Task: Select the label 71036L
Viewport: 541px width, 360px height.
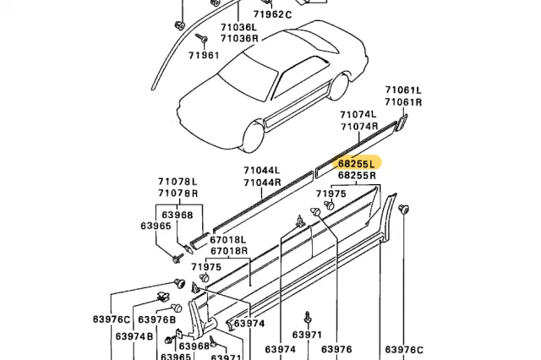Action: tap(240, 27)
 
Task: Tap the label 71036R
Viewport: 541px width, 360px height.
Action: tap(240, 38)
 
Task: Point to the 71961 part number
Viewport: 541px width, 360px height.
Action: tap(204, 56)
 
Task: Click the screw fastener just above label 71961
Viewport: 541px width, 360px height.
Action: tap(204, 40)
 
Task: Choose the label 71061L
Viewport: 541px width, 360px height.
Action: tap(403, 90)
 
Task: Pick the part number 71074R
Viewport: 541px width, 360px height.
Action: tap(358, 126)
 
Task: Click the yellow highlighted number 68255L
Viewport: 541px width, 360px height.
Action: tap(357, 164)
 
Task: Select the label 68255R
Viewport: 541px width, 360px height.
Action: tap(357, 176)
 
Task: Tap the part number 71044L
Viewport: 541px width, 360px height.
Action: tap(262, 171)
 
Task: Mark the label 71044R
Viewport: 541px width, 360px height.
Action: tap(262, 183)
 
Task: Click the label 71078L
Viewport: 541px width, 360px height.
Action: tap(178, 182)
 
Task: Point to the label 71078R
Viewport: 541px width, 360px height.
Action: tap(178, 194)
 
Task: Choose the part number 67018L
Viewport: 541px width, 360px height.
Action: tap(229, 239)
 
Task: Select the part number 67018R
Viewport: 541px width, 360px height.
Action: tap(229, 250)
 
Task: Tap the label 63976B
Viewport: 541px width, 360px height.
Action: tap(156, 319)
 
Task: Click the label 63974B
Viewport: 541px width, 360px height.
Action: tap(134, 336)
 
